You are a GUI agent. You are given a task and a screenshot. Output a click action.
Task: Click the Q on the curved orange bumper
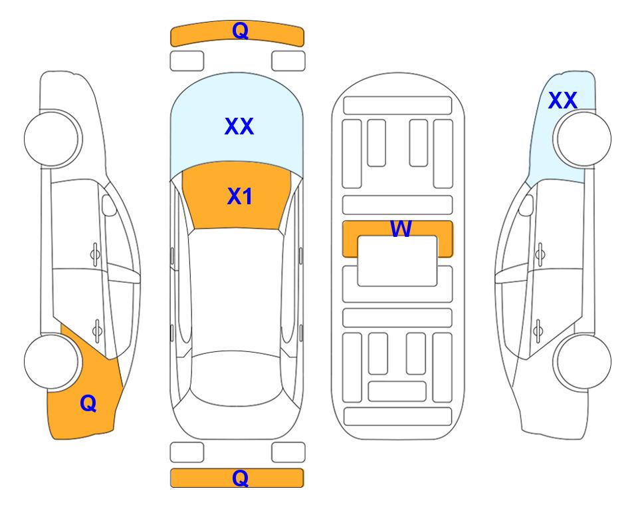point(240,31)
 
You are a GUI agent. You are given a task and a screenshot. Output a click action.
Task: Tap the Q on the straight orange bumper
point(240,478)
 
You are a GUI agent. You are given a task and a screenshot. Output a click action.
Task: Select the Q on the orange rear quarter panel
point(88,403)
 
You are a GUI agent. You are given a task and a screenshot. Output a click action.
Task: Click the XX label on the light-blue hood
point(239,126)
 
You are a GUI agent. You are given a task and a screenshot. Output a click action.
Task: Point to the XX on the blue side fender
point(562,100)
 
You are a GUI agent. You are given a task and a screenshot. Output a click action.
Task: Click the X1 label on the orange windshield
point(240,196)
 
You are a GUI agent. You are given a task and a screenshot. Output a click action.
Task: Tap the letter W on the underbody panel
point(401,228)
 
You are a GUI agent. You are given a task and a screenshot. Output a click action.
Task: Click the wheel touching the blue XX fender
point(582,139)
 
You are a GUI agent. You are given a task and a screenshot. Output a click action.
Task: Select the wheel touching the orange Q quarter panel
point(53,361)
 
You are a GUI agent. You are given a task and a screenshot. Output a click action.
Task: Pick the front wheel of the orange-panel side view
point(53,139)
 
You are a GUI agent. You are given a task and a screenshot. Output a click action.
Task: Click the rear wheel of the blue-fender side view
point(582,361)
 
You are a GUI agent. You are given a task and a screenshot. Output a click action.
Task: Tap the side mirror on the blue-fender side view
point(526,206)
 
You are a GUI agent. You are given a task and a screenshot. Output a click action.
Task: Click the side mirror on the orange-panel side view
point(109,206)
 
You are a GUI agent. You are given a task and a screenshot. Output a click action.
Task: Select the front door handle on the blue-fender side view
point(540,254)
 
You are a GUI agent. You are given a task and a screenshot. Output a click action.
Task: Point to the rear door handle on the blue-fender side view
point(538,331)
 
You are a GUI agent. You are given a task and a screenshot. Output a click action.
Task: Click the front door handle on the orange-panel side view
point(95,254)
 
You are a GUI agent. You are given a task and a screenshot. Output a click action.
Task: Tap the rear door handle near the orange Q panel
point(97,331)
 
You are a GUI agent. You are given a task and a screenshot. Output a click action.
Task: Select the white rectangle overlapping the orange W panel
point(397,261)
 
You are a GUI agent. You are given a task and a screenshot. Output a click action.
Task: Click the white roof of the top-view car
point(236,290)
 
